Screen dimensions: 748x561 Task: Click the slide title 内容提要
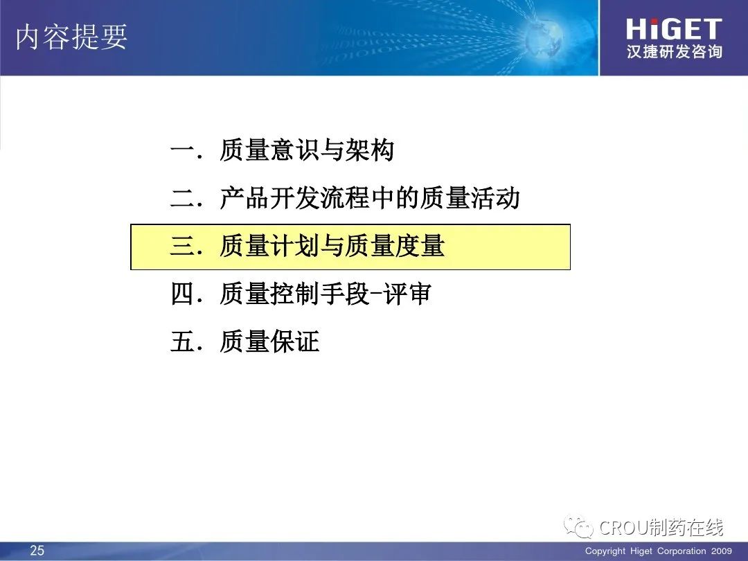[x=71, y=37]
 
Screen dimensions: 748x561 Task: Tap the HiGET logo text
[x=674, y=29]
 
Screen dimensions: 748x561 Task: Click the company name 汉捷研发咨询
[x=674, y=51]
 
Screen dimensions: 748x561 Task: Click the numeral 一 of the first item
[x=182, y=150]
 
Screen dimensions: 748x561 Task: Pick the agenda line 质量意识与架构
[x=307, y=150]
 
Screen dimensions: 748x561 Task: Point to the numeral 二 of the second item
[x=182, y=198]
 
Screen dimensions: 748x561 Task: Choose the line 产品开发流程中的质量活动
[x=370, y=198]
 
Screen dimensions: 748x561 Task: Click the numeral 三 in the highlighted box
[x=182, y=246]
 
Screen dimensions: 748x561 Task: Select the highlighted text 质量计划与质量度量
[x=332, y=246]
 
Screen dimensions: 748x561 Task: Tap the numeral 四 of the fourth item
[x=182, y=294]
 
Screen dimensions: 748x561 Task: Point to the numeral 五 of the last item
[x=182, y=341]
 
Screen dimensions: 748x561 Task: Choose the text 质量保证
[x=269, y=341]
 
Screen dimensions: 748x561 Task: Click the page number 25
[x=37, y=551]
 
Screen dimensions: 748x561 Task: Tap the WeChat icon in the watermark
[x=578, y=526]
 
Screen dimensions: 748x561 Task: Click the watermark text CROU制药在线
[x=661, y=527]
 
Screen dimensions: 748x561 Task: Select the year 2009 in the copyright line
[x=721, y=551]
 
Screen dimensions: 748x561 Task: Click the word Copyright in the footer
[x=605, y=551]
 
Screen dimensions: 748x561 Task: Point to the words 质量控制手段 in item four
[x=294, y=294]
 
